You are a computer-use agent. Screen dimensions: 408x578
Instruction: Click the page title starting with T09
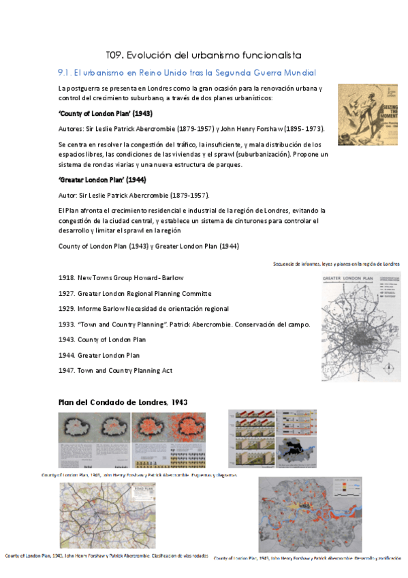pos(204,55)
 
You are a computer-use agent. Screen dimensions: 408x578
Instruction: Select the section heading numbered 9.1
pos(187,72)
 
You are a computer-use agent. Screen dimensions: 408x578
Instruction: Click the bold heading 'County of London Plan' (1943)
pos(105,114)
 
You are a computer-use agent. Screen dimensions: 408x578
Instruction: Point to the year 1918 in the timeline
pos(66,278)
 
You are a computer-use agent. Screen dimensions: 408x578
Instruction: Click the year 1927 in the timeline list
pos(66,294)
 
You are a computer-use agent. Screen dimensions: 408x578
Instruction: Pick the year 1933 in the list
pos(66,324)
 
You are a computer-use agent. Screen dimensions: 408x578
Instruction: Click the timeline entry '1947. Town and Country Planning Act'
pos(116,370)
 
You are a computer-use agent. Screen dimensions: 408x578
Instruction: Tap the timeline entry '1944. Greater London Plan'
pos(99,355)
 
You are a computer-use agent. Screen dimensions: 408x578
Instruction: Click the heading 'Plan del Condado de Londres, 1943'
pos(123,402)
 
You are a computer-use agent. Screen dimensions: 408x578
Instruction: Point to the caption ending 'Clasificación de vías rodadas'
pos(106,556)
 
